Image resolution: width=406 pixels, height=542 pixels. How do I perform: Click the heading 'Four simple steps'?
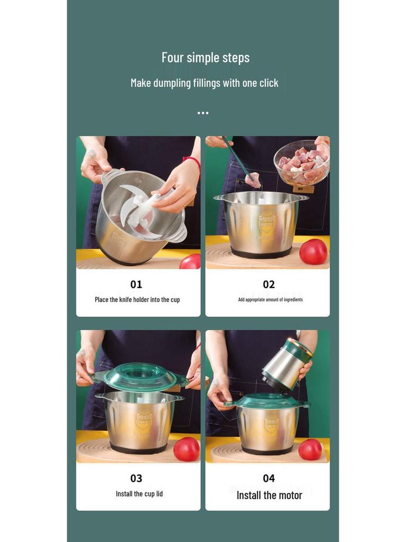coord(205,58)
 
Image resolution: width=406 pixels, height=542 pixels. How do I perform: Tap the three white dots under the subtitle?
coord(203,113)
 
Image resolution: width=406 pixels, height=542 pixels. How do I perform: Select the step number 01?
coord(136,284)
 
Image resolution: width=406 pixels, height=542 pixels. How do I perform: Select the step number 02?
coord(269,284)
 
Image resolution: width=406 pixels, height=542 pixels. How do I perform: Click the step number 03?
coord(136,478)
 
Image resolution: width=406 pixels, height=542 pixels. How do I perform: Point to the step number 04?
coord(269,478)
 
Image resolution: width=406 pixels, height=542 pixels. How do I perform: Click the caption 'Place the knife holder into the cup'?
coord(137,300)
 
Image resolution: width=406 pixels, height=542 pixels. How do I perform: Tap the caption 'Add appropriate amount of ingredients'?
coord(270,300)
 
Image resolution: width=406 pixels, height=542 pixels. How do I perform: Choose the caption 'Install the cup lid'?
coord(139,494)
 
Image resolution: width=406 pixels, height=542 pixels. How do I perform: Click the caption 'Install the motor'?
coord(269,495)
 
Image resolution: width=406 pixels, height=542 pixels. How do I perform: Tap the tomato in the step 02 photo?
coord(313,251)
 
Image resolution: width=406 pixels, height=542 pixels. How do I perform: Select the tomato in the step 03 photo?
coord(187,449)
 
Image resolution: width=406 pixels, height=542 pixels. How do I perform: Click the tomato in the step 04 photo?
coord(310,449)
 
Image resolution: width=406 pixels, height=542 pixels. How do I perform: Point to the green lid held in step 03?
coord(141,376)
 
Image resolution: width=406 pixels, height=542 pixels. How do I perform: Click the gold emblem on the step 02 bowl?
coord(267,223)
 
